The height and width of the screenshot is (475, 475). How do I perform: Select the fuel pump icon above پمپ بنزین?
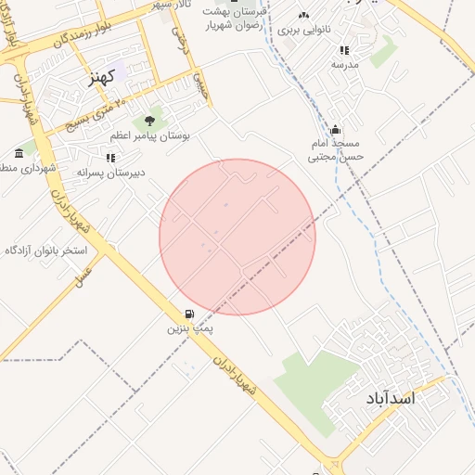(190, 315)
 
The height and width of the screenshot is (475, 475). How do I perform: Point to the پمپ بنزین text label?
(190, 329)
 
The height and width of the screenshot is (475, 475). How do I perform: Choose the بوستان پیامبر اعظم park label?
(149, 135)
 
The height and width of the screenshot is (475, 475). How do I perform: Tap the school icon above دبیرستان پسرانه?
(111, 159)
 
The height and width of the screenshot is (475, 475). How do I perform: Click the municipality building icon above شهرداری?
(19, 152)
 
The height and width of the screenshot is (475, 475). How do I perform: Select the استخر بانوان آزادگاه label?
(45, 250)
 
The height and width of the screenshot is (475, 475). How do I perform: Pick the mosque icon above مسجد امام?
(335, 129)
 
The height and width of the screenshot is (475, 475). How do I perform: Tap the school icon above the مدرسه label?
(344, 50)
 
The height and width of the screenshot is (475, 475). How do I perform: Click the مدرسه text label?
(344, 65)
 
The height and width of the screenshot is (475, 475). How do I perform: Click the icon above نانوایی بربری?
(303, 15)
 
